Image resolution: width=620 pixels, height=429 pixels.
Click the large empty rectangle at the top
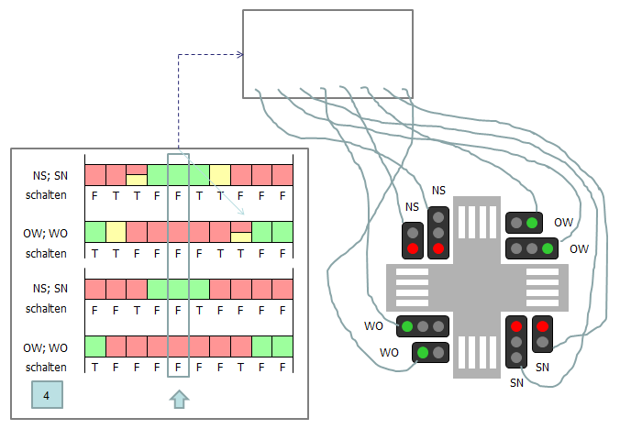click(327, 54)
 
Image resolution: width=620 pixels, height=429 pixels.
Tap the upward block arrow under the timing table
click(179, 398)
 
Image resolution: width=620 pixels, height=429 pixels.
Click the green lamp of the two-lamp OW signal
click(532, 223)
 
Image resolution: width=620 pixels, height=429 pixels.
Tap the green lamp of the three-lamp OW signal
click(548, 248)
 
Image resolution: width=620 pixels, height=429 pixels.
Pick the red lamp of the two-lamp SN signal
click(541, 325)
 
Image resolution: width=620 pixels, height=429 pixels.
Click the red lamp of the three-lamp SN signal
click(516, 325)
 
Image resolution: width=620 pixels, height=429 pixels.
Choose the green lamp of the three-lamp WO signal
click(406, 325)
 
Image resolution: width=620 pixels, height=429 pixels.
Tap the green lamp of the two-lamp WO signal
click(423, 351)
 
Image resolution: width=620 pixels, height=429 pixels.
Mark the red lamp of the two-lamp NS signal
click(413, 248)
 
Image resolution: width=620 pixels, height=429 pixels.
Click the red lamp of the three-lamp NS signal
click(438, 248)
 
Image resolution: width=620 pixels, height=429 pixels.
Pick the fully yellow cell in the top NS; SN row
click(220, 174)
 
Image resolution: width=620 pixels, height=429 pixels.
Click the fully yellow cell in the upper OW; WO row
click(116, 231)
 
